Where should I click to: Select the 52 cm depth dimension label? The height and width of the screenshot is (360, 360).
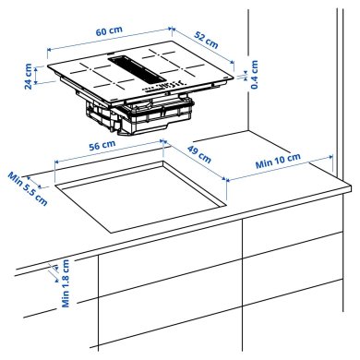point(206,40)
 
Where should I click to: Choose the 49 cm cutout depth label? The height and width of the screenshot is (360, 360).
point(198,157)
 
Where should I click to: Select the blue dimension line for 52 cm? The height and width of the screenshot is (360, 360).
point(209,50)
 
